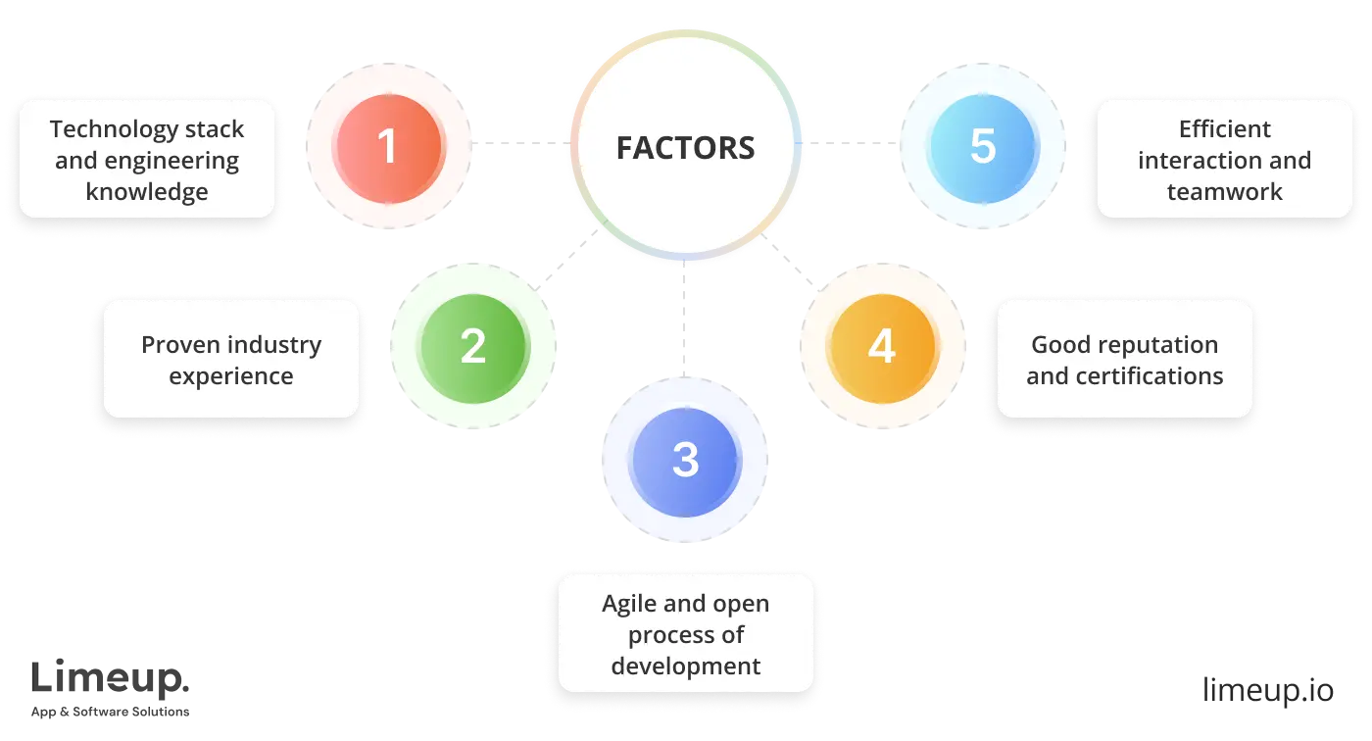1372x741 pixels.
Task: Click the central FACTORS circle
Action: pyautogui.click(x=686, y=147)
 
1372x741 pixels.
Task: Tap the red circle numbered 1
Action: pyautogui.click(x=388, y=147)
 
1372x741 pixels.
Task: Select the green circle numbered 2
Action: pyautogui.click(x=472, y=346)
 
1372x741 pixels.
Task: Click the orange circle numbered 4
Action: pyautogui.click(x=882, y=346)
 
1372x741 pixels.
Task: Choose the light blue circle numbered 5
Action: pyautogui.click(x=982, y=147)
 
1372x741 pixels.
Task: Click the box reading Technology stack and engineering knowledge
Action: pyautogui.click(x=147, y=159)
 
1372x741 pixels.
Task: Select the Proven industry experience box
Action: pyautogui.click(x=231, y=360)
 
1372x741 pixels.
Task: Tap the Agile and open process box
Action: pyautogui.click(x=686, y=634)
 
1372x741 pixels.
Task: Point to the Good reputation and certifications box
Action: pyautogui.click(x=1124, y=360)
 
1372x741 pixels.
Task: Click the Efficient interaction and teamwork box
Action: pyautogui.click(x=1224, y=159)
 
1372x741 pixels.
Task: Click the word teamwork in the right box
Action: pyautogui.click(x=1224, y=191)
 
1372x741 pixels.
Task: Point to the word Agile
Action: pyautogui.click(x=628, y=604)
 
